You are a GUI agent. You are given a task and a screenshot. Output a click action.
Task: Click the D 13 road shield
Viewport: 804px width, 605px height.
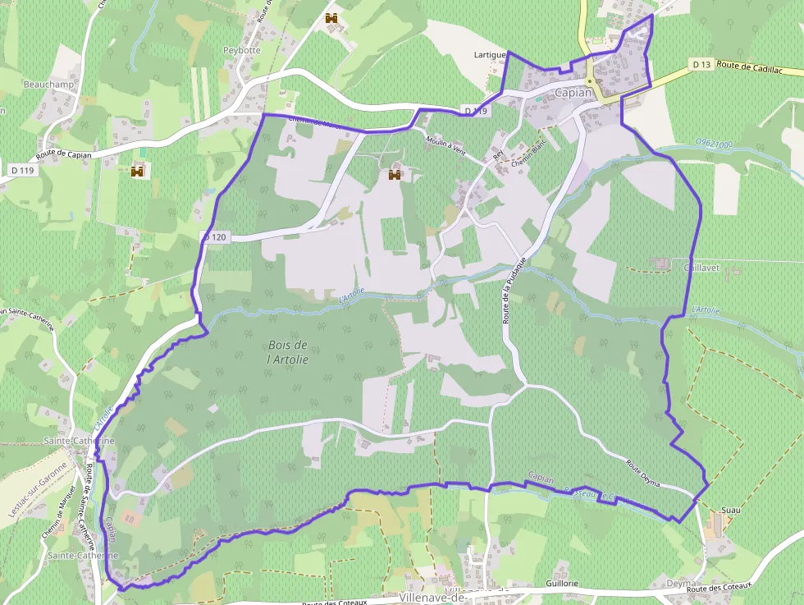tap(701, 64)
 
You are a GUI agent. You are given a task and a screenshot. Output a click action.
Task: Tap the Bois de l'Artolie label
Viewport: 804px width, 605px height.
tap(287, 352)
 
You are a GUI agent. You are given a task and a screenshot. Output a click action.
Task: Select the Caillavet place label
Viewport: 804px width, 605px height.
tap(700, 268)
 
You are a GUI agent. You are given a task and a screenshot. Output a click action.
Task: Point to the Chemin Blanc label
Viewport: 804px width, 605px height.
tap(528, 165)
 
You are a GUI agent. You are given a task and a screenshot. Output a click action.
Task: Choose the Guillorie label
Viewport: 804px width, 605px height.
tap(561, 583)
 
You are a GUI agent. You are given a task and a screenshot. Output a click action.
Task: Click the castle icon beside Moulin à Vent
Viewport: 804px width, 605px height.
tap(395, 175)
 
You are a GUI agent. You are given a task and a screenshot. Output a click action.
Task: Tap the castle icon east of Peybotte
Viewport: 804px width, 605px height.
tap(331, 18)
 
